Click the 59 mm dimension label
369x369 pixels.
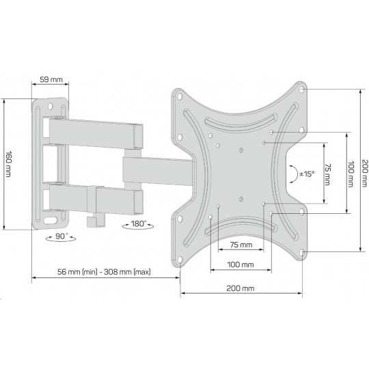[x=51, y=79]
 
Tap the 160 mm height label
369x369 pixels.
[x=8, y=164]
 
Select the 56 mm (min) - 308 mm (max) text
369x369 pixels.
[x=104, y=272]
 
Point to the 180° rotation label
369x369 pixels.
[x=139, y=223]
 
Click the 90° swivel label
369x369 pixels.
[x=61, y=236]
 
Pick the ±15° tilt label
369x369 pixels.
[x=307, y=174]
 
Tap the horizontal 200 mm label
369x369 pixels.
[x=241, y=288]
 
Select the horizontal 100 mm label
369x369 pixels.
[x=241, y=264]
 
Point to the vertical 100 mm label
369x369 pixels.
[x=351, y=174]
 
